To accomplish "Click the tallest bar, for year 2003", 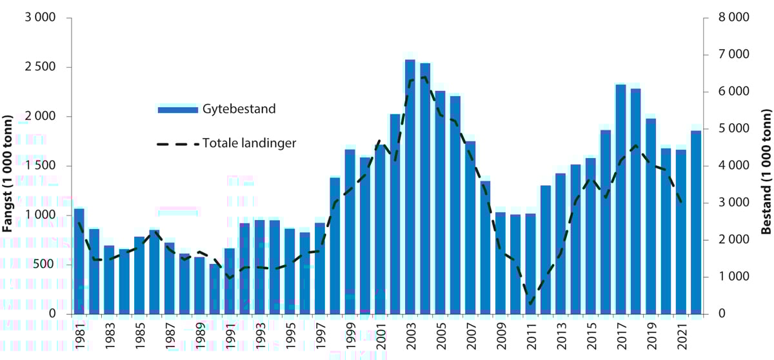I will pyautogui.click(x=410, y=187).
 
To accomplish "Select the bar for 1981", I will pyautogui.click(x=79, y=261).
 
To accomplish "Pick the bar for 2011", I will pyautogui.click(x=531, y=271).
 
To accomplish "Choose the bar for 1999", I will pyautogui.click(x=350, y=232).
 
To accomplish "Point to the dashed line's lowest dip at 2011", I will pyautogui.click(x=530, y=303).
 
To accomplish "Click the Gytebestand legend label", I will pyautogui.click(x=239, y=109).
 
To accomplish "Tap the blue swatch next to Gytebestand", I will pyautogui.click(x=177, y=110).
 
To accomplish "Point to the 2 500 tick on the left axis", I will pyautogui.click(x=41, y=67).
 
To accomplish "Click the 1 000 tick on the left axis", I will pyautogui.click(x=41, y=215).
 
